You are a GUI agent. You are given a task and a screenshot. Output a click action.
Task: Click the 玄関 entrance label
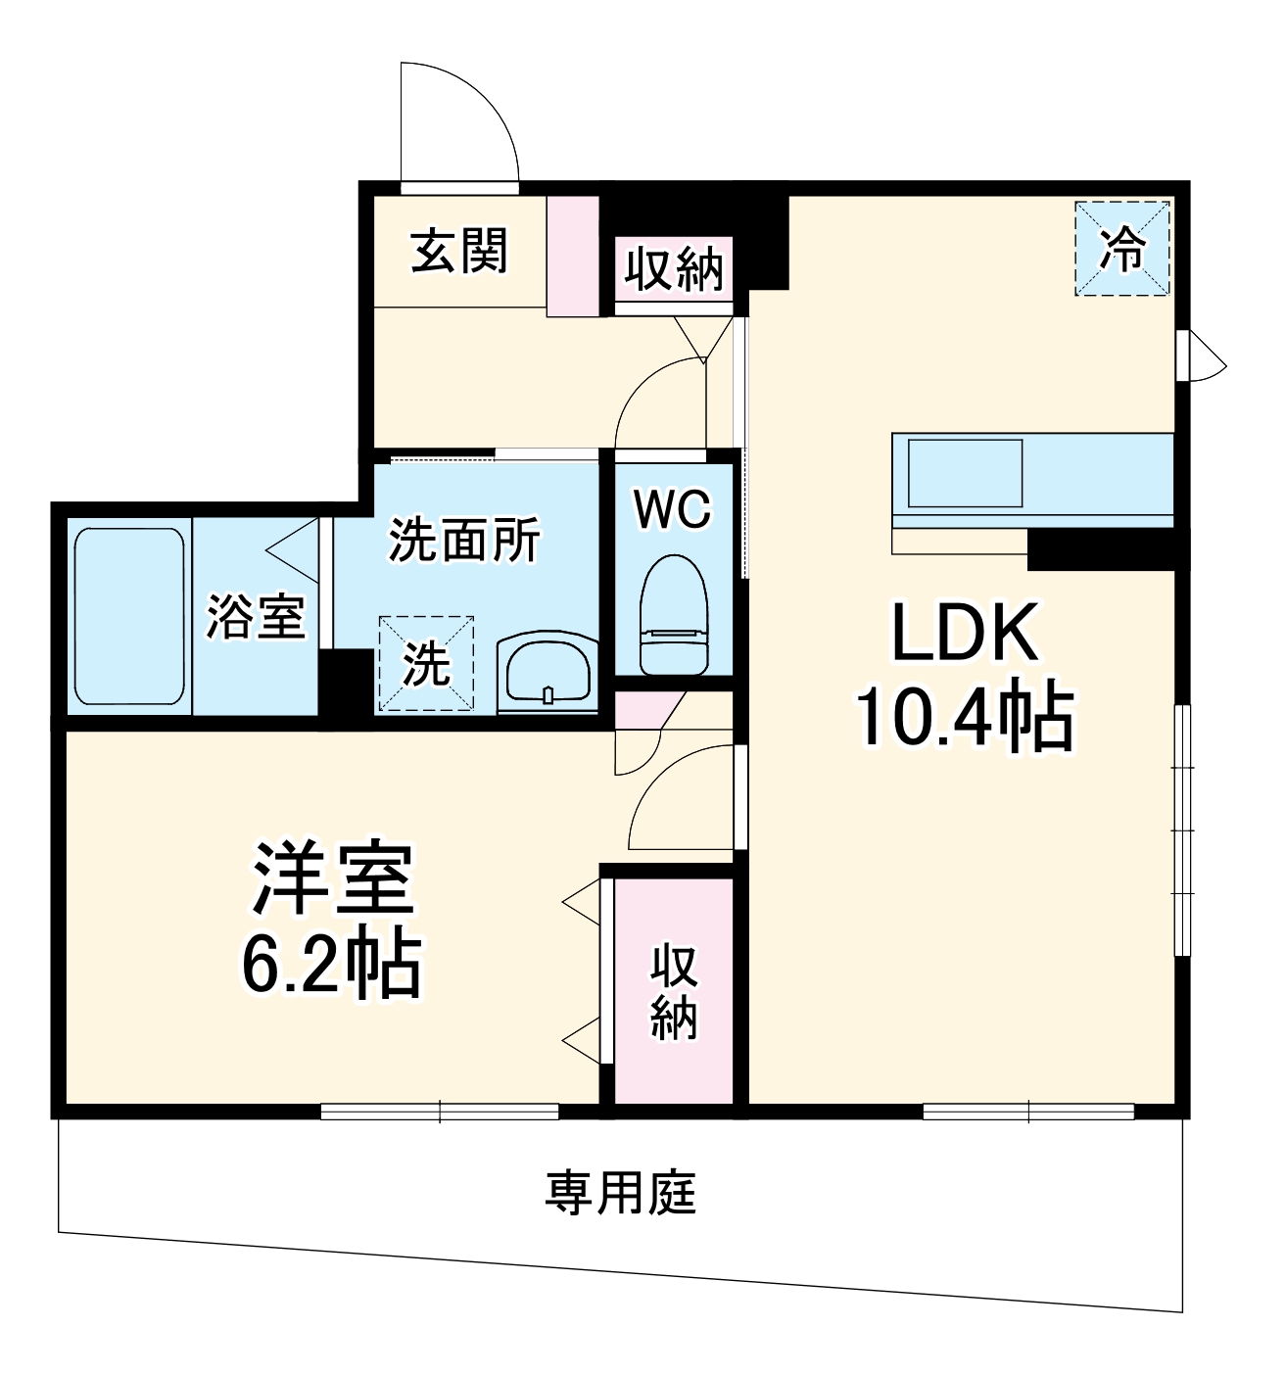coord(459,252)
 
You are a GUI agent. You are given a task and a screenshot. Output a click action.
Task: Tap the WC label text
coord(672,509)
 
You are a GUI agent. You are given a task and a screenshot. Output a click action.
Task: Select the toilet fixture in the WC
coord(673,615)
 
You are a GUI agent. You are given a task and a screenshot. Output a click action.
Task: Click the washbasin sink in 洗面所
coord(546,670)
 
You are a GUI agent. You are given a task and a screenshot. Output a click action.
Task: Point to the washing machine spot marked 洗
coord(426,663)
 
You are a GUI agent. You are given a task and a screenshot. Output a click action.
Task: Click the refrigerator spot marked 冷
coord(1122,249)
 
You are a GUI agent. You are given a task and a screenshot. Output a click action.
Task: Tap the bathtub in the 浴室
coord(129,616)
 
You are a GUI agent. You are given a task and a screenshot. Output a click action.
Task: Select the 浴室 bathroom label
coord(256,617)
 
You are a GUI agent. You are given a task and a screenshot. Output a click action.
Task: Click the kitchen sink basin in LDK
coord(965,474)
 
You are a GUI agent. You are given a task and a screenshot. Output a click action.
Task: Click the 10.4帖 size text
coord(965,718)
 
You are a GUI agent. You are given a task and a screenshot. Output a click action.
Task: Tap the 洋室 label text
coord(333,877)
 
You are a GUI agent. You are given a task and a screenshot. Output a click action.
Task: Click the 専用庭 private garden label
coord(621,1193)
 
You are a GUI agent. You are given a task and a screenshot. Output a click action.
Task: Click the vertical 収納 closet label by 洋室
coord(674,992)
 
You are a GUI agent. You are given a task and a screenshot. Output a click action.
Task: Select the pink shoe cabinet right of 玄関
coord(572,257)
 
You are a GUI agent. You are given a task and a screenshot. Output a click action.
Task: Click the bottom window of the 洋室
coord(440,1111)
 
